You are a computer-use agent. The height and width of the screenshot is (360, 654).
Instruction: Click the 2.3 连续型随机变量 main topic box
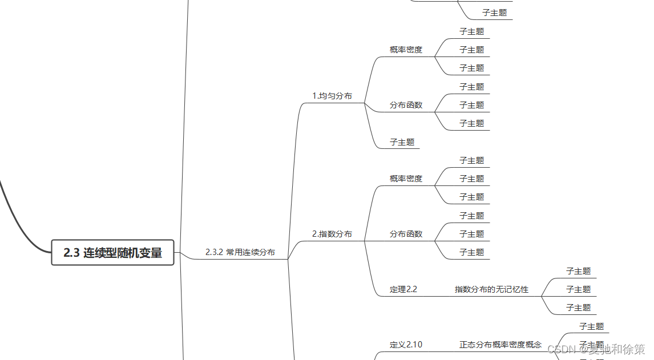112,252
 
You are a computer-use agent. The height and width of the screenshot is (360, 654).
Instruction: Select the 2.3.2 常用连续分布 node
240,252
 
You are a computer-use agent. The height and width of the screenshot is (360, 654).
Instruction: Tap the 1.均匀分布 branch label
332,96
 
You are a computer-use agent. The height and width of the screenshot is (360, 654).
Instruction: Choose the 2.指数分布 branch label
332,234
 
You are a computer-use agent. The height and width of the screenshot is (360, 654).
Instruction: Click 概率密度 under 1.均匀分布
406,50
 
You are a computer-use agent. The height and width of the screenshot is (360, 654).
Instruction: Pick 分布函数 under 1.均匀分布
406,105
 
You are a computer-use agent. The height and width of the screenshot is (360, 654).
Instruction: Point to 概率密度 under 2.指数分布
406,179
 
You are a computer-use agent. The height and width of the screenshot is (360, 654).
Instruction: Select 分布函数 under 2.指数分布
406,234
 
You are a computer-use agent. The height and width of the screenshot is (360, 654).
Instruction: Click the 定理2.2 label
403,289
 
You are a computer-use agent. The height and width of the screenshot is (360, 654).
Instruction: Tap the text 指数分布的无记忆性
491,289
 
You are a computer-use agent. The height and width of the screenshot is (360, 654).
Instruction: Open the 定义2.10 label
406,345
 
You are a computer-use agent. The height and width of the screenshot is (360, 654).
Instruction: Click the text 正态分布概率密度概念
500,345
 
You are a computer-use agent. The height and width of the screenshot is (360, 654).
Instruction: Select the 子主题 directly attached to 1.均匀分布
402,142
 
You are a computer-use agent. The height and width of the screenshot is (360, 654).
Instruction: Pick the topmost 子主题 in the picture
494,13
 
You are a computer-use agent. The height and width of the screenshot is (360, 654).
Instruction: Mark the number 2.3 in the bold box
71,253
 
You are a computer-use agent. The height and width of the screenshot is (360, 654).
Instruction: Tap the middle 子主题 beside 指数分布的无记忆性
578,289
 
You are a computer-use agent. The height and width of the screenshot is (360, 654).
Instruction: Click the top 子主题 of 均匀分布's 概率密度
471,31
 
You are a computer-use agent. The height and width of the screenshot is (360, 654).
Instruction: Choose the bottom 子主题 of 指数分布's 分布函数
471,252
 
